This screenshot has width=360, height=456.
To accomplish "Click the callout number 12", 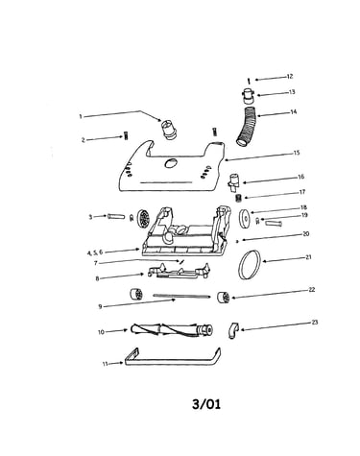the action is (x=290, y=77).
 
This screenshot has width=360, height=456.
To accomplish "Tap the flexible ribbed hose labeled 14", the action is (x=248, y=127).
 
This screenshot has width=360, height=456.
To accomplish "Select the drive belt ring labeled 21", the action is (x=250, y=265).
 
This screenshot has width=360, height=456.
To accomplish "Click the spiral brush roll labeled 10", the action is (x=172, y=330).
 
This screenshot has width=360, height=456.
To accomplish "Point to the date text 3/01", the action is (x=206, y=404).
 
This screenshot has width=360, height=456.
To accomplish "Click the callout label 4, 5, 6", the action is (x=95, y=252).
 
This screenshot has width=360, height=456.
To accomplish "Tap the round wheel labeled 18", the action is (x=246, y=219).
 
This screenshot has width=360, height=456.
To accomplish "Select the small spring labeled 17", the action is (x=238, y=199).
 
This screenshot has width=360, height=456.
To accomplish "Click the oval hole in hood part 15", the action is (x=171, y=163).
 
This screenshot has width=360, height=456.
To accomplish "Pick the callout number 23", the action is (x=315, y=323).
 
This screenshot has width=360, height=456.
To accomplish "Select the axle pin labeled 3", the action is (x=116, y=217).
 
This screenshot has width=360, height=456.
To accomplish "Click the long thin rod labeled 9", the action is (x=181, y=296).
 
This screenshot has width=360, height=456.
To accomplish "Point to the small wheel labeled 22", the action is (x=223, y=298).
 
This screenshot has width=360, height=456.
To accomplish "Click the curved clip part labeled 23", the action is (x=234, y=331).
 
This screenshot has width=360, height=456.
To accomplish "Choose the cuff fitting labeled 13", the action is (x=249, y=96).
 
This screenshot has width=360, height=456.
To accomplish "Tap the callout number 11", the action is (x=105, y=364).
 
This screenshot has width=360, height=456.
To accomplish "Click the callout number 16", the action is (x=300, y=177).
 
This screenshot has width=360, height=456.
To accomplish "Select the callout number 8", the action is (x=97, y=278).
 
